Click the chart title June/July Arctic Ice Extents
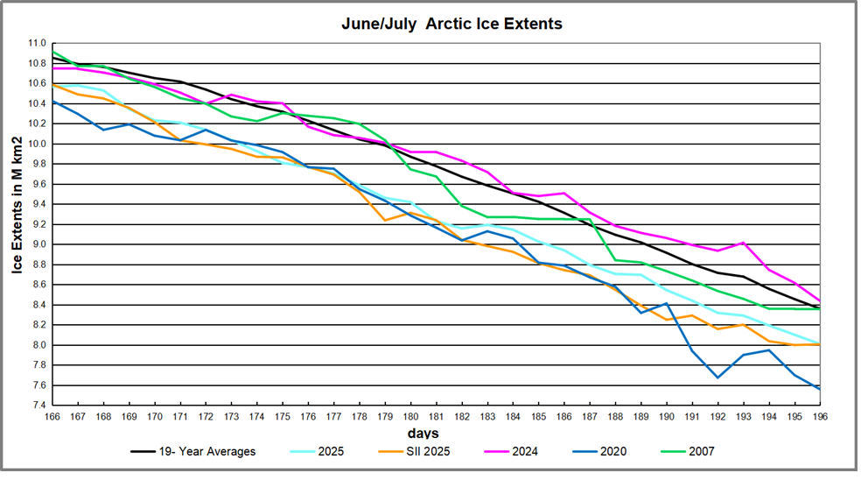click(x=451, y=25)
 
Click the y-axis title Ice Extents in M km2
click(x=17, y=205)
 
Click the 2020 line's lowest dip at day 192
click(x=717, y=378)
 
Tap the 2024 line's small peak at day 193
click(x=743, y=243)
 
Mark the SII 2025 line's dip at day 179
click(x=385, y=220)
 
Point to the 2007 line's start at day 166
click(x=53, y=52)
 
